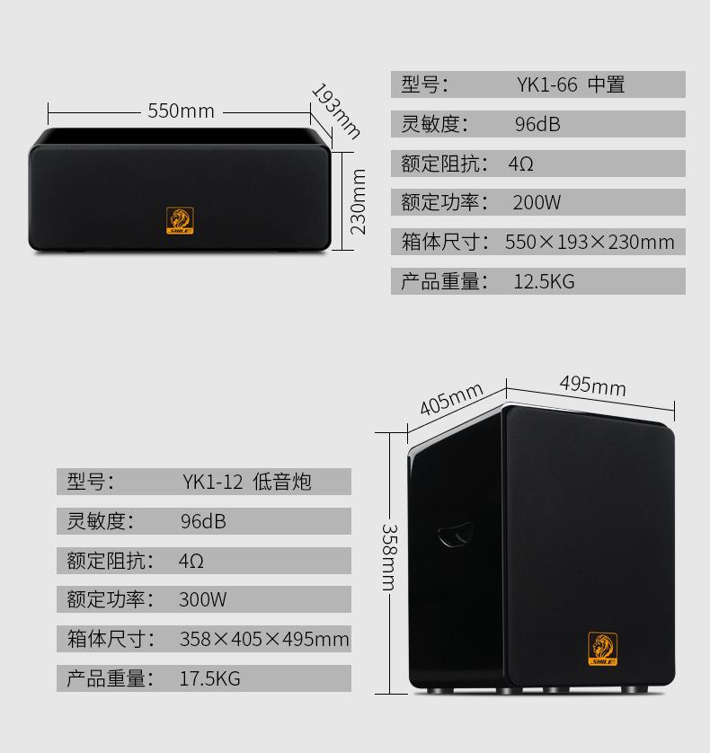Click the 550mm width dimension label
point(181,111)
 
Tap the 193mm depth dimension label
point(335,111)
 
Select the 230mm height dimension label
point(359,201)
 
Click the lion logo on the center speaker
point(180,221)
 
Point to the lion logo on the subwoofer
point(602,649)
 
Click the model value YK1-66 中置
point(570,85)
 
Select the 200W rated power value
point(537,203)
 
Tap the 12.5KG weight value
point(543,282)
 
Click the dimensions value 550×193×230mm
point(589,243)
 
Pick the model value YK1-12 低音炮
point(246,483)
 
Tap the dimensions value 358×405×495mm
point(263,640)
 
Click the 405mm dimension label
point(451,399)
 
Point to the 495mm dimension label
point(592,385)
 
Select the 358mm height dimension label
point(388,557)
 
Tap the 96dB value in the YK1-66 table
point(537,125)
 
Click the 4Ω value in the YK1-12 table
point(191,562)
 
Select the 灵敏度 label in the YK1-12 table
point(100,521)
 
